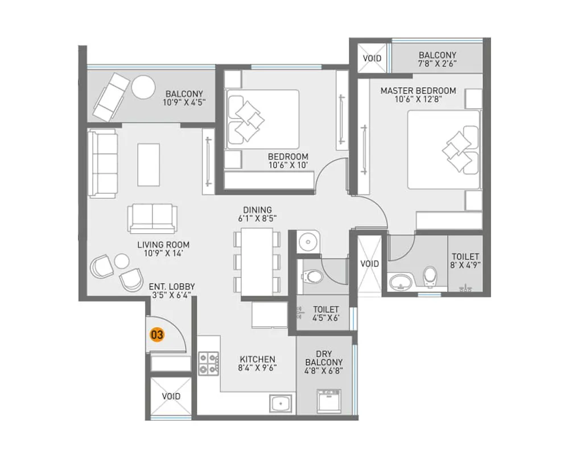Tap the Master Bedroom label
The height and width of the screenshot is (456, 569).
[418, 91]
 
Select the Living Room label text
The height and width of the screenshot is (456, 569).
[163, 245]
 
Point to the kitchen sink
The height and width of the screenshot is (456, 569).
[280, 404]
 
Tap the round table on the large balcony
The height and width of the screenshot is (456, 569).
[143, 88]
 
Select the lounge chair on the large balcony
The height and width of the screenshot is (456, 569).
[111, 96]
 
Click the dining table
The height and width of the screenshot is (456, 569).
[256, 262]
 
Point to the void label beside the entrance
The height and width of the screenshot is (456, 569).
[171, 396]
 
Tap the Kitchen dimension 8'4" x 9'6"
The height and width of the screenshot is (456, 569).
[257, 368]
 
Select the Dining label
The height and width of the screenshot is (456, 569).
[257, 210]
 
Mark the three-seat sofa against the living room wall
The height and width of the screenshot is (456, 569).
[102, 164]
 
